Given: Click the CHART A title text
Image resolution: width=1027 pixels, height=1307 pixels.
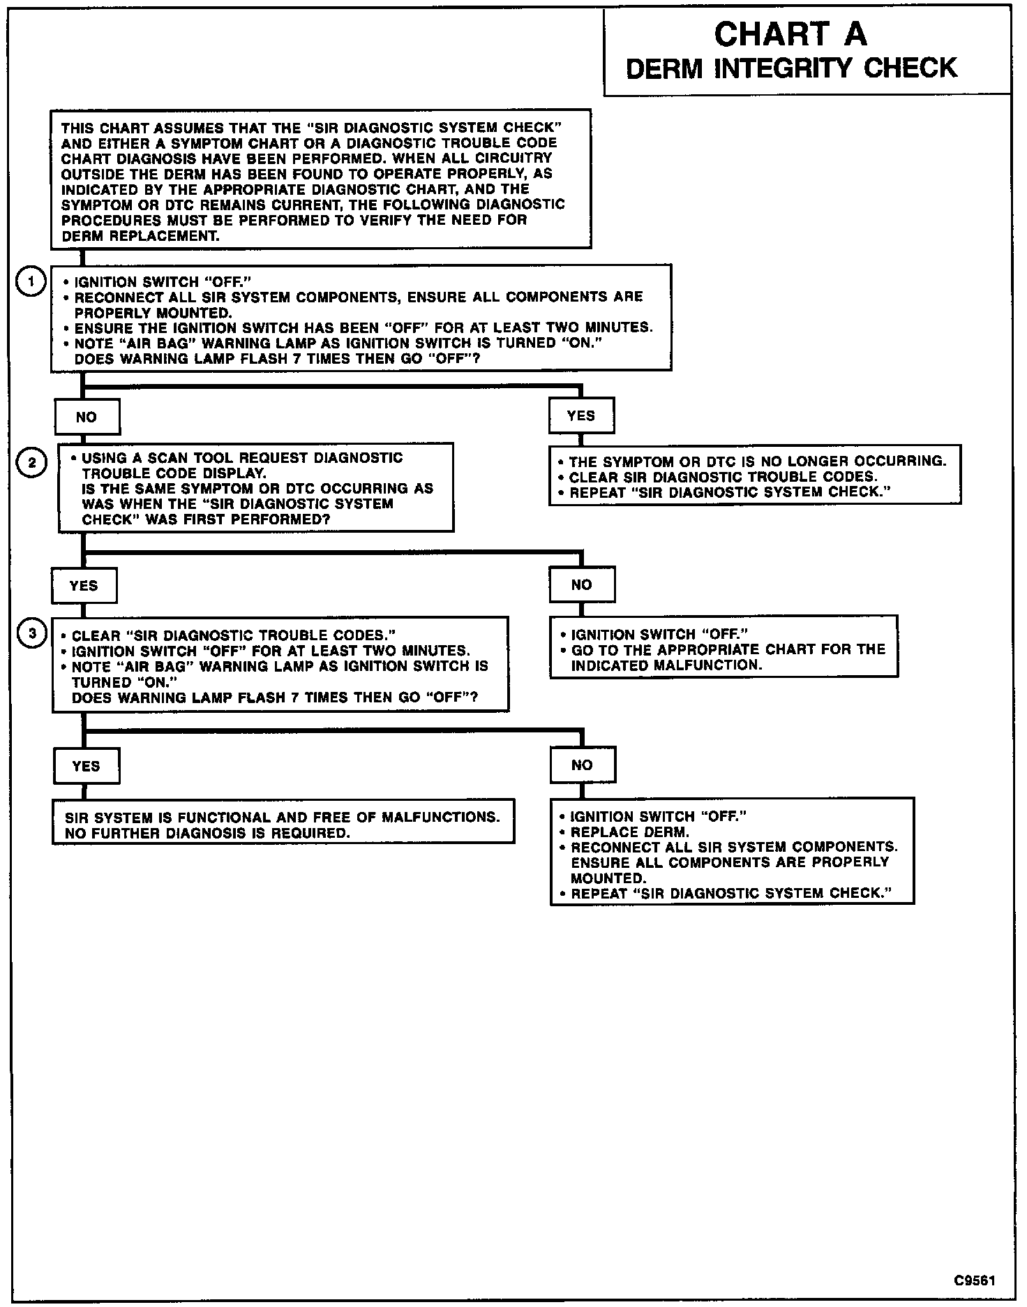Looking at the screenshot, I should point(790,34).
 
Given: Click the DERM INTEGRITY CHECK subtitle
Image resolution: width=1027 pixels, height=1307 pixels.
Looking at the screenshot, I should point(792,68).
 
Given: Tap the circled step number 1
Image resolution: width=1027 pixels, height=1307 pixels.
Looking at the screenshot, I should point(31,283).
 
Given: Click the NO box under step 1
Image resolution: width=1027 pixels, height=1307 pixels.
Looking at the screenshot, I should point(87,417).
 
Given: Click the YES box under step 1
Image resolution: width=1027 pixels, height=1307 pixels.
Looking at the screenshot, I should point(581,416).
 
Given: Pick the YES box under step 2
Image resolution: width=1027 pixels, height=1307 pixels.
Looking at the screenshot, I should point(84,586).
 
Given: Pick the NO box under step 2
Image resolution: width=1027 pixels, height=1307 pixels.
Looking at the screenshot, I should point(582,585).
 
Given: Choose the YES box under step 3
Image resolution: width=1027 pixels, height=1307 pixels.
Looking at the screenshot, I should point(86,766).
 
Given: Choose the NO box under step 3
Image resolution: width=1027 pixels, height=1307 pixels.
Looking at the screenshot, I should point(582,765).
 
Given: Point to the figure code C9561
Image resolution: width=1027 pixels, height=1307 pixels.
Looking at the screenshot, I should point(975,1280).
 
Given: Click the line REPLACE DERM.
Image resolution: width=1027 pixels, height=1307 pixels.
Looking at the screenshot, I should point(630,832).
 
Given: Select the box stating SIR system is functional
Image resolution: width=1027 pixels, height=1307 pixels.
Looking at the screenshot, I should point(283,822).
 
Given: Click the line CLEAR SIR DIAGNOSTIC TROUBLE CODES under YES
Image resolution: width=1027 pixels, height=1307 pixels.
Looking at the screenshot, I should point(724,477).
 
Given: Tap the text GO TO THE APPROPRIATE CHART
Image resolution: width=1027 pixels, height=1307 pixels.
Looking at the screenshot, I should point(728,649).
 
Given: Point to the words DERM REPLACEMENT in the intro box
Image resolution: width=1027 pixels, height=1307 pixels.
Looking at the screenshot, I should point(140,235).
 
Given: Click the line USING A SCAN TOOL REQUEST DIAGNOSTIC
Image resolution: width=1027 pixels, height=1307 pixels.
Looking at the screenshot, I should point(242,458).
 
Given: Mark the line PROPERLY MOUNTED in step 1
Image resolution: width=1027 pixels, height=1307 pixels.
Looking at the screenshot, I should point(153,312).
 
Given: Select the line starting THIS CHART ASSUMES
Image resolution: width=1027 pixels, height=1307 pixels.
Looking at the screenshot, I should point(312,128).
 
